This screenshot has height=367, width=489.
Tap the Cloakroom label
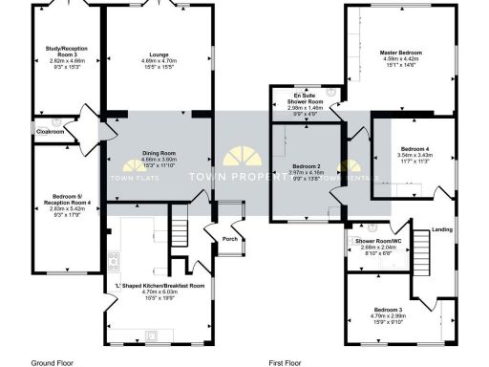(51, 131)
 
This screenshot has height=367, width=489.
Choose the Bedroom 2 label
(306, 166)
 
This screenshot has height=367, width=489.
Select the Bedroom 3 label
(387, 311)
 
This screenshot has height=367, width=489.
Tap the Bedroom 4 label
(415, 149)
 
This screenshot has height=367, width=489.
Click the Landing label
(442, 229)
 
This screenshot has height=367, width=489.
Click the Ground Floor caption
(53, 362)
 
